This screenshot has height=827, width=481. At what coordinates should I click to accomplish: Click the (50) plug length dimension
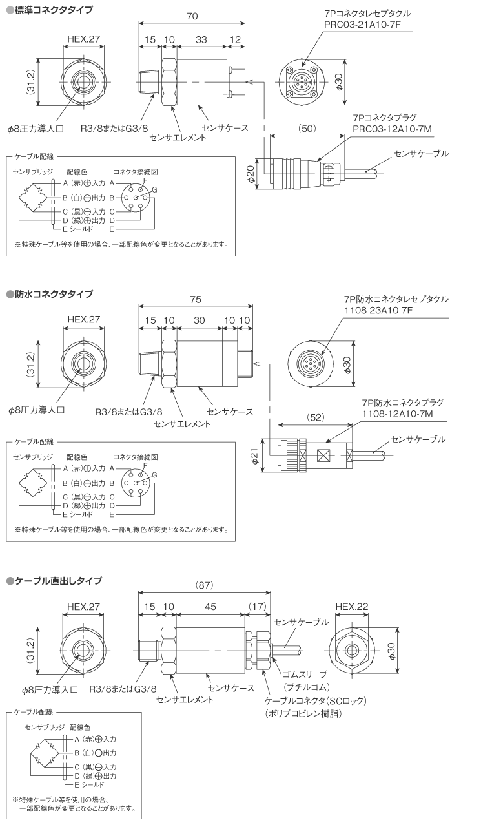coord(307,129)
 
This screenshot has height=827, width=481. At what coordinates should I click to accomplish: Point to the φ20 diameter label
coord(259,173)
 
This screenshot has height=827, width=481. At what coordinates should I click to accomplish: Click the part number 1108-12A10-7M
coord(394,413)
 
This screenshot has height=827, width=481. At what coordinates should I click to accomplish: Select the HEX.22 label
coord(353,607)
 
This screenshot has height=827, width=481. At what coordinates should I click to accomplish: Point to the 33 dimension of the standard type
coord(201,40)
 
